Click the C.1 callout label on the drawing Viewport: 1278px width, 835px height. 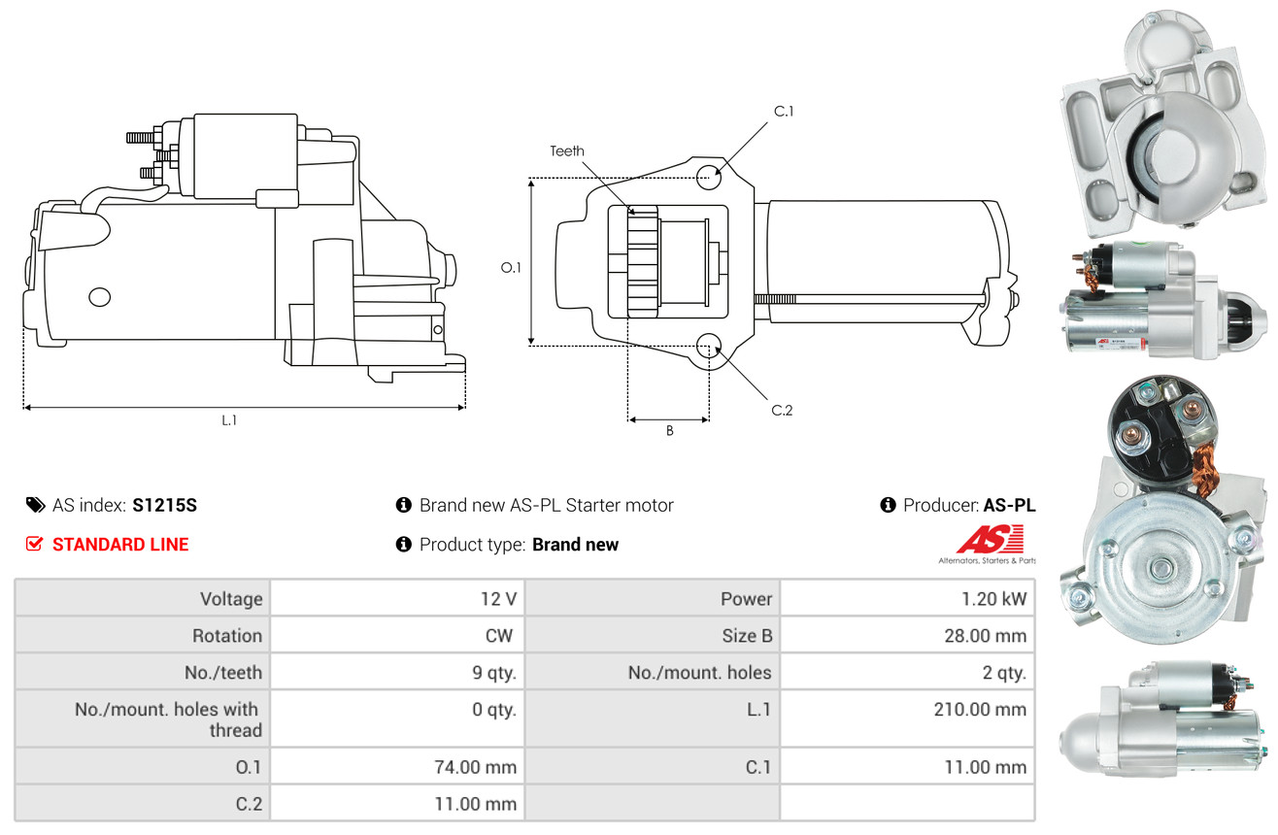pos(784,112)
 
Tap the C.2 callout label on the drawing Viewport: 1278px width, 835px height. pos(782,410)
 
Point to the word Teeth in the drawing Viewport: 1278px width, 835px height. pos(566,151)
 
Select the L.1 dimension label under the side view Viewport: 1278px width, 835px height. pos(229,420)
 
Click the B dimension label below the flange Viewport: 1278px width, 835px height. pos(670,431)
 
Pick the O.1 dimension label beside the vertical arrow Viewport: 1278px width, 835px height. pos(511,268)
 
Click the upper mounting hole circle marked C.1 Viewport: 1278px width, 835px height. pos(709,177)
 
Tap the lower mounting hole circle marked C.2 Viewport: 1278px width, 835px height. pos(709,346)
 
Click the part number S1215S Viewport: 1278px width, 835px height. pos(164,505)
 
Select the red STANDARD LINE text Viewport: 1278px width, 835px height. pos(120,545)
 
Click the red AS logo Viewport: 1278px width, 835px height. pos(990,540)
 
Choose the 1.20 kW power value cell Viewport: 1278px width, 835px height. pos(908,598)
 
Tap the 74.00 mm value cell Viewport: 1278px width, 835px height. pos(397,766)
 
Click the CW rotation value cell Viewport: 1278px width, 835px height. pos(397,635)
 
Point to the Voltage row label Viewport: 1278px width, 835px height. pos(231,599)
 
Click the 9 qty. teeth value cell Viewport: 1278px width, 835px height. pos(397,672)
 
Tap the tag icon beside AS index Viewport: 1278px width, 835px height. pos(35,505)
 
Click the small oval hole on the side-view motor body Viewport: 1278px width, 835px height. pos(100,297)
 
